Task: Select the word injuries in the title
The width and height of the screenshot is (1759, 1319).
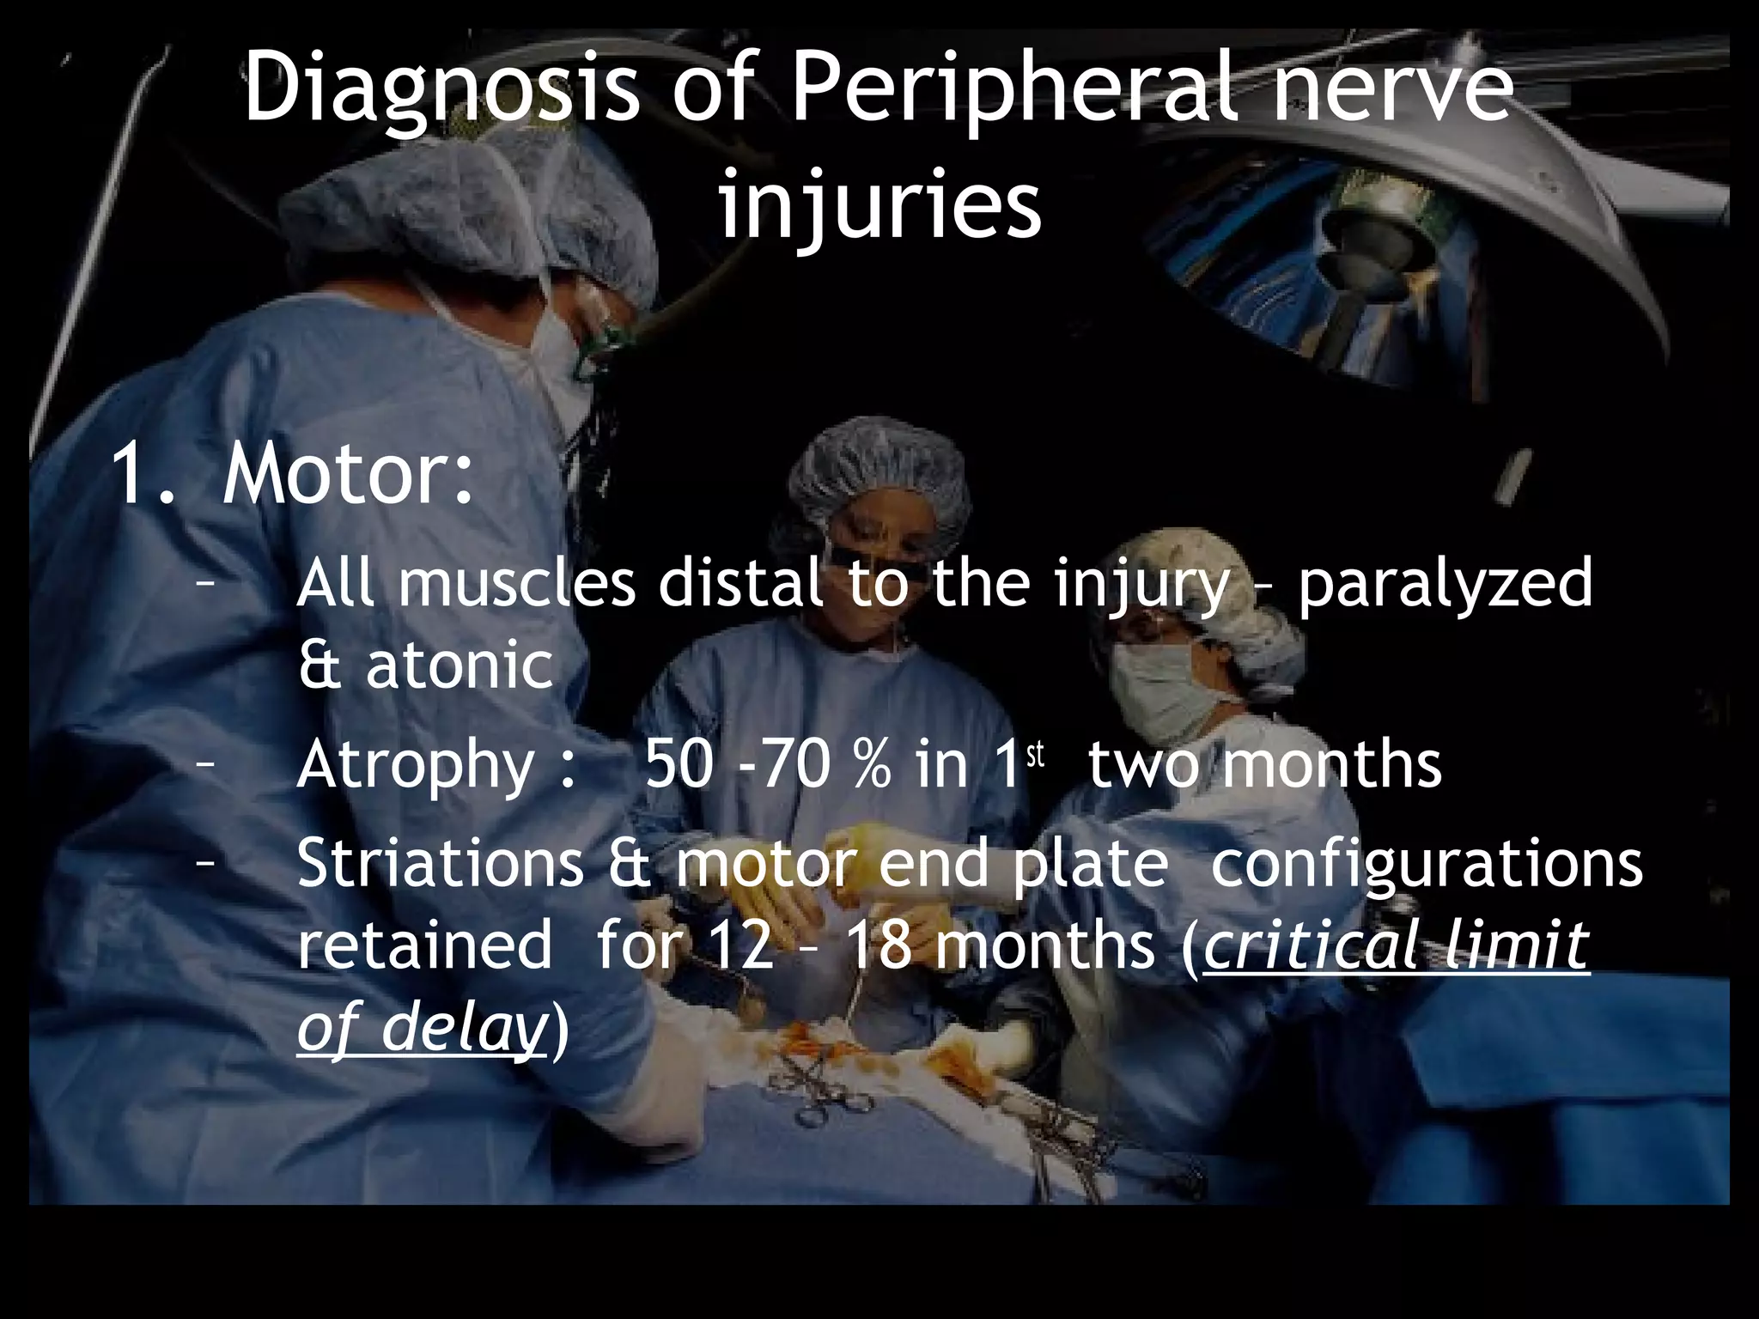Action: coord(879,206)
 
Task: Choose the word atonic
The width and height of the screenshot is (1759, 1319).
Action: coord(460,666)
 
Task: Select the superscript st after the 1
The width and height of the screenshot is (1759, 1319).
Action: coord(1035,756)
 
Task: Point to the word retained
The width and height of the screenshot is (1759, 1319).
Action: coord(425,947)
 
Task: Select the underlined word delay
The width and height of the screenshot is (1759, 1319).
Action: coord(463,1029)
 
